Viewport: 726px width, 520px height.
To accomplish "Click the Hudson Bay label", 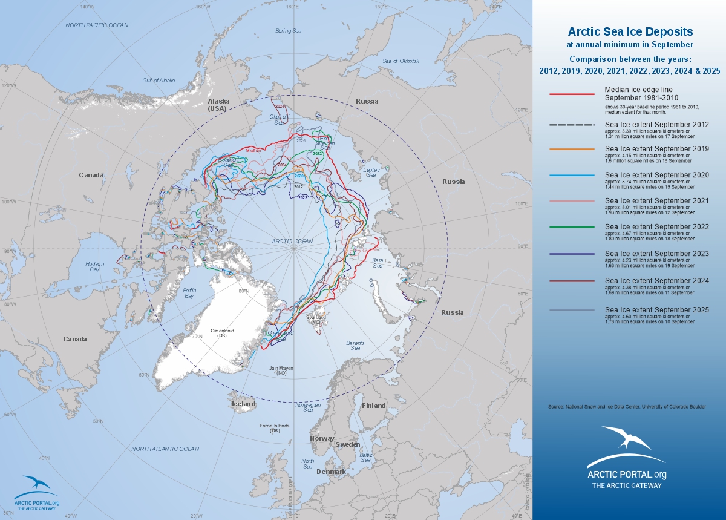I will pyautogui.click(x=94, y=266).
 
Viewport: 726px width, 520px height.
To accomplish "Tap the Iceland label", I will pyautogui.click(x=244, y=404).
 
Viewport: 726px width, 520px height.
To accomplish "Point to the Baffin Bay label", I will pyautogui.click(x=189, y=294).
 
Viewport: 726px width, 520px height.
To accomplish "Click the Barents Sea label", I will pyautogui.click(x=355, y=346).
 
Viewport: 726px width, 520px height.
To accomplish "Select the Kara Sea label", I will pyautogui.click(x=378, y=263).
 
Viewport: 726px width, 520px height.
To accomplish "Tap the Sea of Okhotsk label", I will pyautogui.click(x=401, y=61).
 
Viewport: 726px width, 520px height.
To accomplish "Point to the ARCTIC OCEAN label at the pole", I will pyautogui.click(x=292, y=242).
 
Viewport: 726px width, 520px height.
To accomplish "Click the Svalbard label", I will pyautogui.click(x=316, y=319).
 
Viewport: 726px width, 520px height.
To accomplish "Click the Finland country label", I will pyautogui.click(x=373, y=406).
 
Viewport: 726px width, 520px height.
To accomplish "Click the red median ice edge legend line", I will pyautogui.click(x=572, y=94).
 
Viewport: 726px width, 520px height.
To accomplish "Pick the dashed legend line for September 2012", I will pyautogui.click(x=572, y=125).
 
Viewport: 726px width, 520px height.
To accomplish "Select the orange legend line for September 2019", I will pyautogui.click(x=572, y=149).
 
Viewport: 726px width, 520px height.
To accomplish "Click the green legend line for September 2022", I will pyautogui.click(x=572, y=228).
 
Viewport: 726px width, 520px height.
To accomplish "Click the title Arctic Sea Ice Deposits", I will pyautogui.click(x=630, y=31).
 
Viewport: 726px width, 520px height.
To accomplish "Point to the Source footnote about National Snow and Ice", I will pyautogui.click(x=627, y=407).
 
